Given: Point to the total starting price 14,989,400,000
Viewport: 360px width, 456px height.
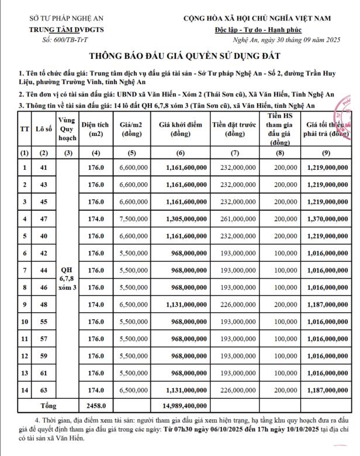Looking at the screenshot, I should [x=182, y=405].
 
